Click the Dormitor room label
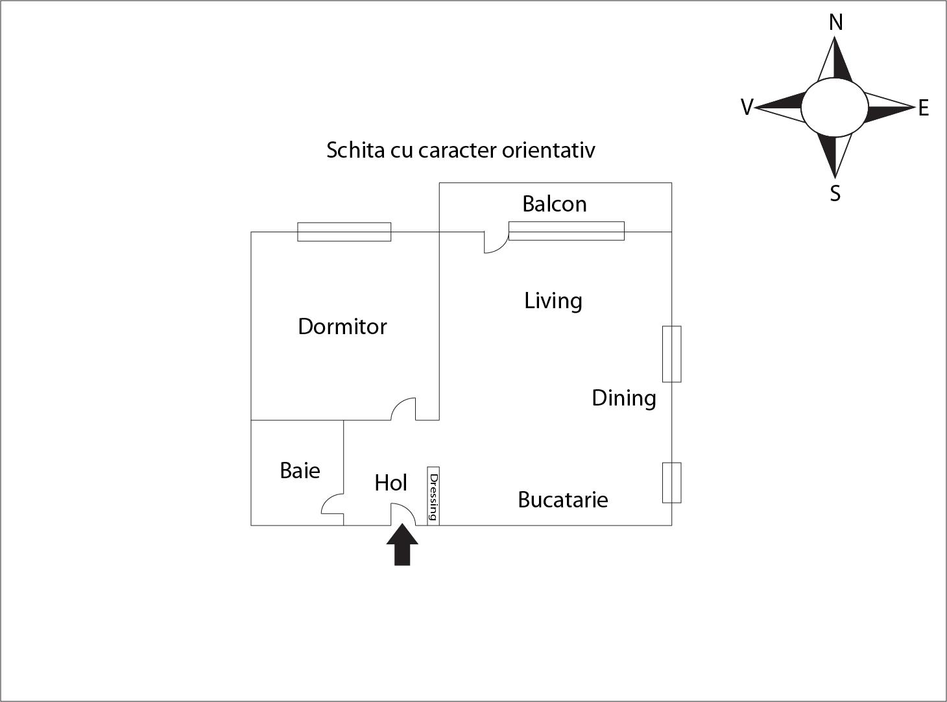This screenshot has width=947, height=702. [x=342, y=327]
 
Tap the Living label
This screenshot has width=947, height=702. [x=553, y=301]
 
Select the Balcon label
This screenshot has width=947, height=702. [x=554, y=204]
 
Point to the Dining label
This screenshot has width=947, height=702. [x=624, y=399]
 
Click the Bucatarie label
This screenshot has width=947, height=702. [x=563, y=500]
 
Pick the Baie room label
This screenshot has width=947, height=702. [x=300, y=471]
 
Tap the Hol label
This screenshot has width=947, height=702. [x=390, y=483]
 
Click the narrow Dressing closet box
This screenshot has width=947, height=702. [x=433, y=496]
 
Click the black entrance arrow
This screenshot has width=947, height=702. [x=402, y=545]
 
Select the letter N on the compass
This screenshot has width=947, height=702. [x=835, y=22]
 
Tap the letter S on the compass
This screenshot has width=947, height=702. [x=835, y=193]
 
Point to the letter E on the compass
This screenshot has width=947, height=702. [x=924, y=108]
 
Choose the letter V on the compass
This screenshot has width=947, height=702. [x=747, y=107]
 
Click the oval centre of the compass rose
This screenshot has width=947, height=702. [x=835, y=107]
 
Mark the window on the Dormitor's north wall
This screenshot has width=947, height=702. [x=344, y=232]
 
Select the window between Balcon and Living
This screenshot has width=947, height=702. [x=566, y=231]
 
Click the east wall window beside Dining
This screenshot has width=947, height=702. [x=671, y=354]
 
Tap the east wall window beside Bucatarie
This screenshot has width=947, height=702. [x=671, y=483]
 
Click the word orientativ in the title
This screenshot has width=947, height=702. [x=549, y=151]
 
